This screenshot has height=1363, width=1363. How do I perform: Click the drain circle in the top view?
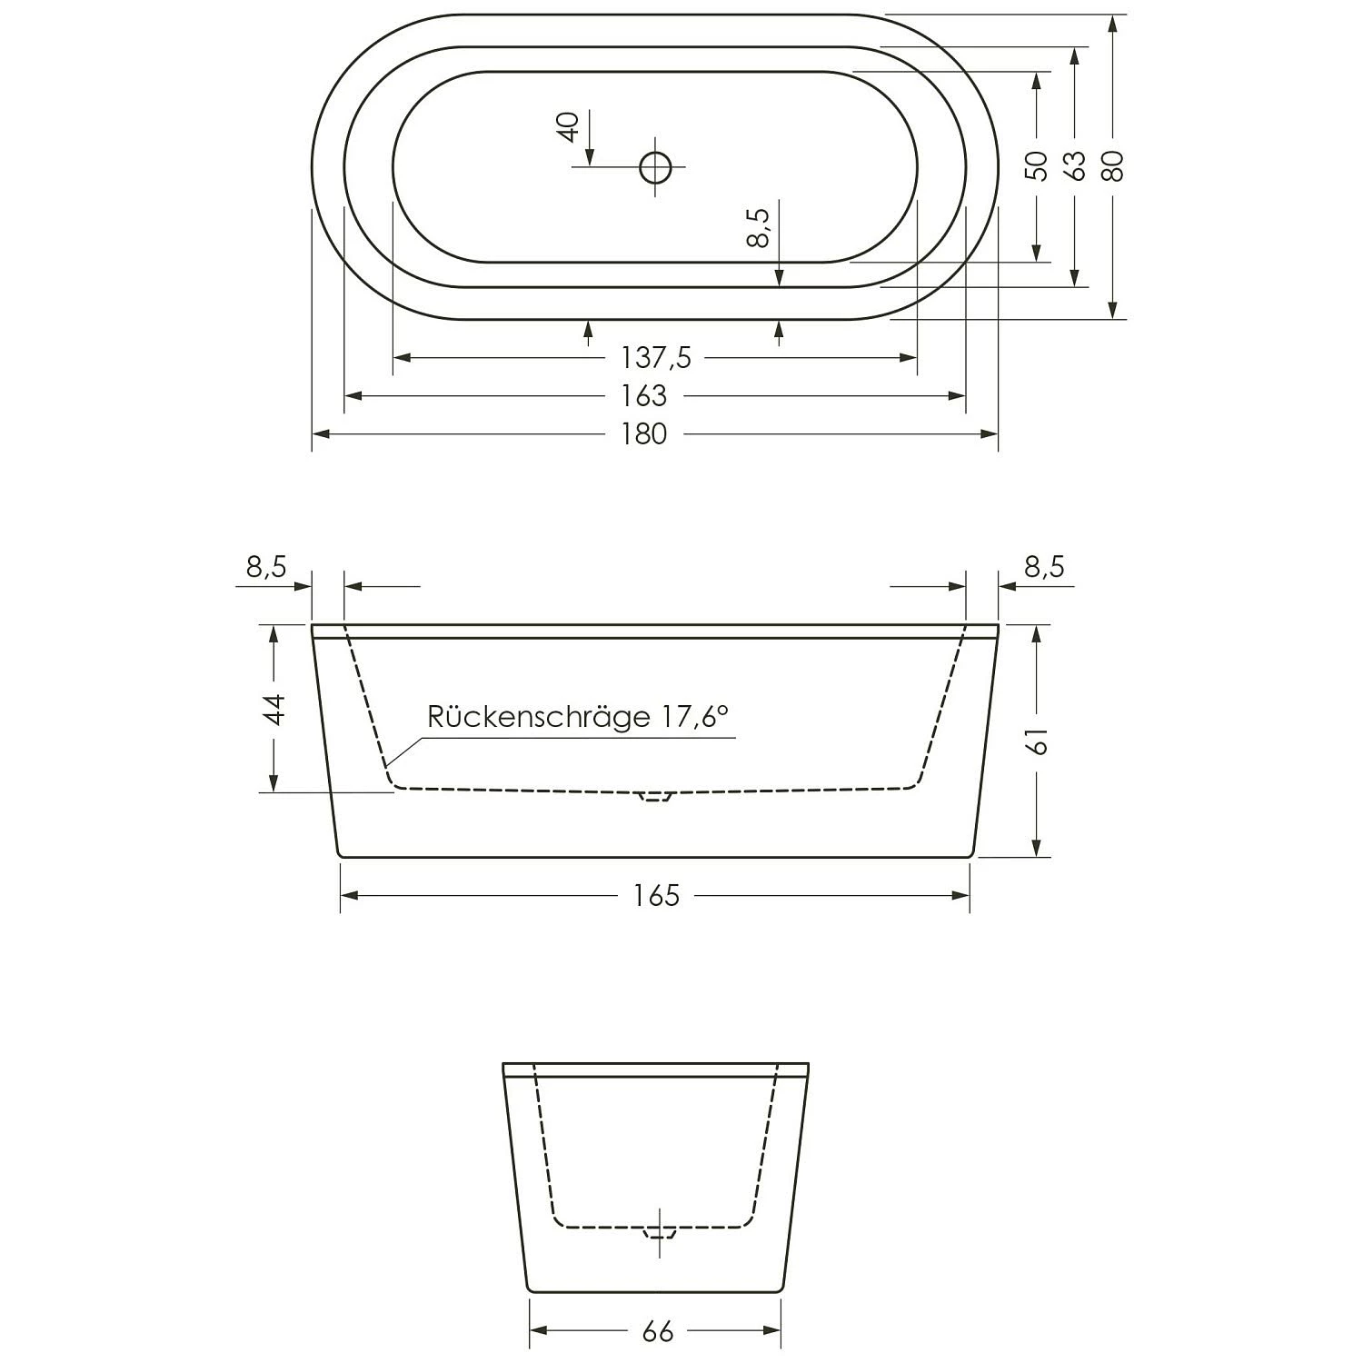[654, 167]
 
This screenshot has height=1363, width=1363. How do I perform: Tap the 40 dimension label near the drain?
[568, 126]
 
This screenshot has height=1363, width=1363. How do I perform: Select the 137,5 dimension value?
[655, 358]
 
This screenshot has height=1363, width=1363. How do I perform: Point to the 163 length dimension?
[644, 396]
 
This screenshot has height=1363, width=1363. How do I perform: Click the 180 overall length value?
[644, 434]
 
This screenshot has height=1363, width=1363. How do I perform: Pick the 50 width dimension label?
[1036, 165]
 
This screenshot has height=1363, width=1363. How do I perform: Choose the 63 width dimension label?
[1076, 165]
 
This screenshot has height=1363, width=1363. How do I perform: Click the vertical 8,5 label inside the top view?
[759, 227]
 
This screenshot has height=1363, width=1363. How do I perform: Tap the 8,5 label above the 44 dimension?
[266, 567]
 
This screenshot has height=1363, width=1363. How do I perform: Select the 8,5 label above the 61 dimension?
[1044, 567]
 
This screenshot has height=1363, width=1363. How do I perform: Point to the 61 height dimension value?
[1039, 741]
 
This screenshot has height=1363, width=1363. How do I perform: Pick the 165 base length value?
[656, 896]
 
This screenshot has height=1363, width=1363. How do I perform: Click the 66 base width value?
[656, 1331]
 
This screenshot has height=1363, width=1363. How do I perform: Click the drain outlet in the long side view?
[654, 796]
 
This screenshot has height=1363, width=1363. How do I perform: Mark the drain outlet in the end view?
[661, 1233]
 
